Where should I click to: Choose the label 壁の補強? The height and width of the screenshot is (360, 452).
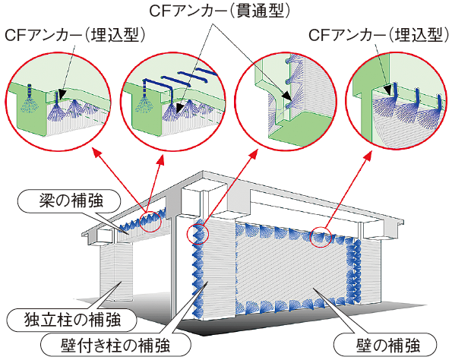coord(388,345)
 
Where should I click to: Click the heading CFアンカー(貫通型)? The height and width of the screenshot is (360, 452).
coord(220,11)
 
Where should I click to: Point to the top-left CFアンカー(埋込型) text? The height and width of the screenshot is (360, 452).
coord(75,36)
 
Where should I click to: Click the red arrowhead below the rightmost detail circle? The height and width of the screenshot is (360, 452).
coord(369,156)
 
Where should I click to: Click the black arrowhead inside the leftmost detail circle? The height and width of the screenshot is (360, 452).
coord(62,96)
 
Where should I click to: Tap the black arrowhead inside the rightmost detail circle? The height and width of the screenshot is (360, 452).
coord(389,90)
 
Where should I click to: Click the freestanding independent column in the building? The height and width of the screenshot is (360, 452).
coord(116,273)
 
